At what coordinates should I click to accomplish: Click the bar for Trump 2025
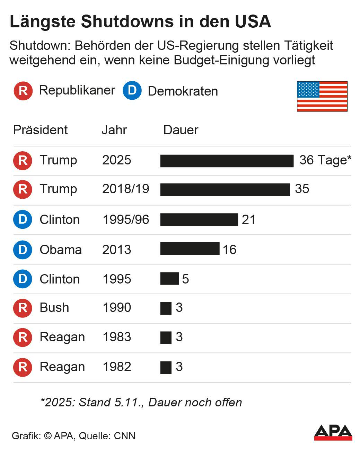point(227,161)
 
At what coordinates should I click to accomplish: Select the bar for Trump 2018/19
point(225,190)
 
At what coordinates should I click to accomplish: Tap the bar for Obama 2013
point(190,249)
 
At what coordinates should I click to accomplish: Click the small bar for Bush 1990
point(166,308)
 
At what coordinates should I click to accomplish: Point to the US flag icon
point(322,96)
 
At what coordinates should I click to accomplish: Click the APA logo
point(333,432)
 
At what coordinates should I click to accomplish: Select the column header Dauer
point(181,130)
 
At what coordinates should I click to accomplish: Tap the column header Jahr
point(114,130)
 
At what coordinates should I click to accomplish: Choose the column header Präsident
point(40,130)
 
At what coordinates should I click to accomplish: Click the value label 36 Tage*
point(325,160)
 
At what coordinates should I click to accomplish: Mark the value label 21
point(248,220)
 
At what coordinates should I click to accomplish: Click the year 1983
point(117,337)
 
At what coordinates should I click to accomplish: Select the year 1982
point(117,367)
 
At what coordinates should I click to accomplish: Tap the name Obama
point(61,250)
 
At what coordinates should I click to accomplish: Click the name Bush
point(54,308)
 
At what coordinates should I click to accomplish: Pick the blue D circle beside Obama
point(23,250)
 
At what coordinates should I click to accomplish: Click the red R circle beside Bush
point(23,308)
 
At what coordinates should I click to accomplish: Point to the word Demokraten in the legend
point(183,91)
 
